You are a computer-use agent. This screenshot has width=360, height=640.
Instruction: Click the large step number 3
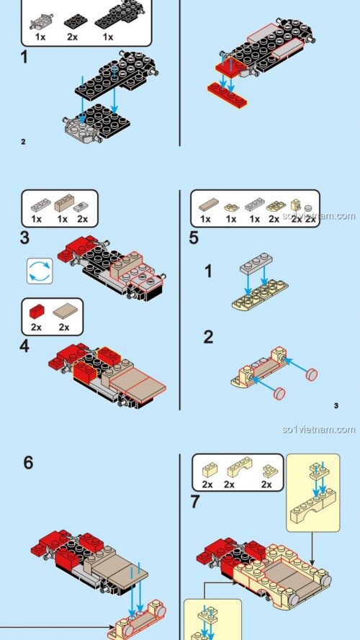25,238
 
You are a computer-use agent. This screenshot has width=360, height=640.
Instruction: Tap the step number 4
24,346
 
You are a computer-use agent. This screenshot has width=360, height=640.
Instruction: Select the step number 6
28,463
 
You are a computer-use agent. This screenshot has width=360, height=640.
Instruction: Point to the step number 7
196,502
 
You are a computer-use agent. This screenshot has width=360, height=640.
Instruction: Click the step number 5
194,238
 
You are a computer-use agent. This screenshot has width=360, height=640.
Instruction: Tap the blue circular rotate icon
40,271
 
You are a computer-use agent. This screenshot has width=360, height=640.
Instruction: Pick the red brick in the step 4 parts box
37,312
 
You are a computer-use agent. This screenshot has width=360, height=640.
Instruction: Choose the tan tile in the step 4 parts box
66,312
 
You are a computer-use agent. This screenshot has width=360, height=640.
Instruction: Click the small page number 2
23,142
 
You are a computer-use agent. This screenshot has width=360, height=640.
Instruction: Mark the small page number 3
336,406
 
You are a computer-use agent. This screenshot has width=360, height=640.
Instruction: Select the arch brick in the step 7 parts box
240,468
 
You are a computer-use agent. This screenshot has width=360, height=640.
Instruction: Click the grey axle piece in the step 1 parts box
42,22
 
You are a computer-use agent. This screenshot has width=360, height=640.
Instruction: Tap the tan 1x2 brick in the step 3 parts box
63,203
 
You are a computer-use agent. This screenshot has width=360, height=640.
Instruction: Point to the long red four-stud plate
227,95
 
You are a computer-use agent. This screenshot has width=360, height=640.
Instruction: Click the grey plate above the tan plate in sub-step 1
256,263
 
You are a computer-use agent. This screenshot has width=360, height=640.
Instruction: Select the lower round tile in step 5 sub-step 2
279,393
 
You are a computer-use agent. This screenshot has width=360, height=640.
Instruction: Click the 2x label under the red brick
36,328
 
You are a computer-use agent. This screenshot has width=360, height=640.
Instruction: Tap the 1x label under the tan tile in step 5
205,219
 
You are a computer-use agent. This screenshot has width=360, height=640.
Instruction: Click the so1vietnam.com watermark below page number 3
318,429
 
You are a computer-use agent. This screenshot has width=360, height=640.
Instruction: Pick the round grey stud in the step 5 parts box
308,208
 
